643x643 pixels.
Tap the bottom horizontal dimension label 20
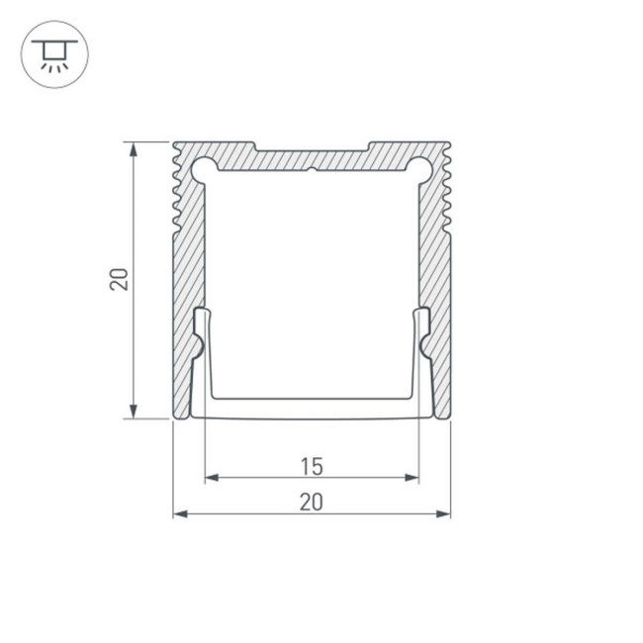click(x=311, y=502)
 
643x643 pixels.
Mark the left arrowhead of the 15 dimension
click(x=210, y=479)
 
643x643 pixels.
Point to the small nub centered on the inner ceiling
click(x=312, y=170)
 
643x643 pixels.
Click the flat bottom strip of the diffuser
click(x=312, y=408)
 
